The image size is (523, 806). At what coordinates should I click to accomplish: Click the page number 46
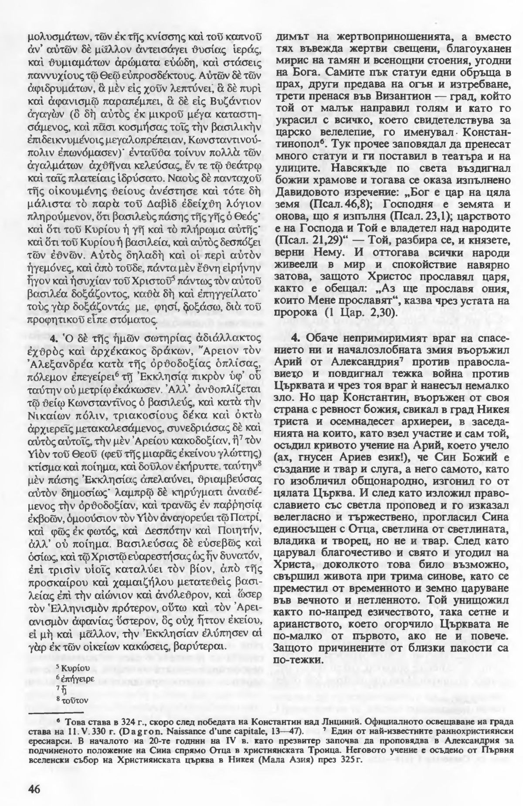pos(34,776)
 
